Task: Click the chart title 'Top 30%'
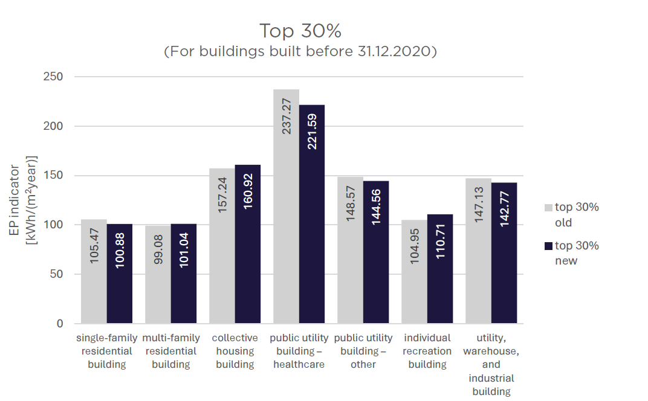coord(300,31)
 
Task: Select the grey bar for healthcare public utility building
coord(286,205)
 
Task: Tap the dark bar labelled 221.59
coord(311,214)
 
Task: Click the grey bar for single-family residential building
coord(94,271)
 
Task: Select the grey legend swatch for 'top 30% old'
coord(548,207)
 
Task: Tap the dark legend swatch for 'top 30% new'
coord(548,246)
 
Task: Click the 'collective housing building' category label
coord(235,351)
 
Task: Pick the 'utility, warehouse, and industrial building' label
coord(491,364)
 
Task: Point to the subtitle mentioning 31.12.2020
coord(300,52)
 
